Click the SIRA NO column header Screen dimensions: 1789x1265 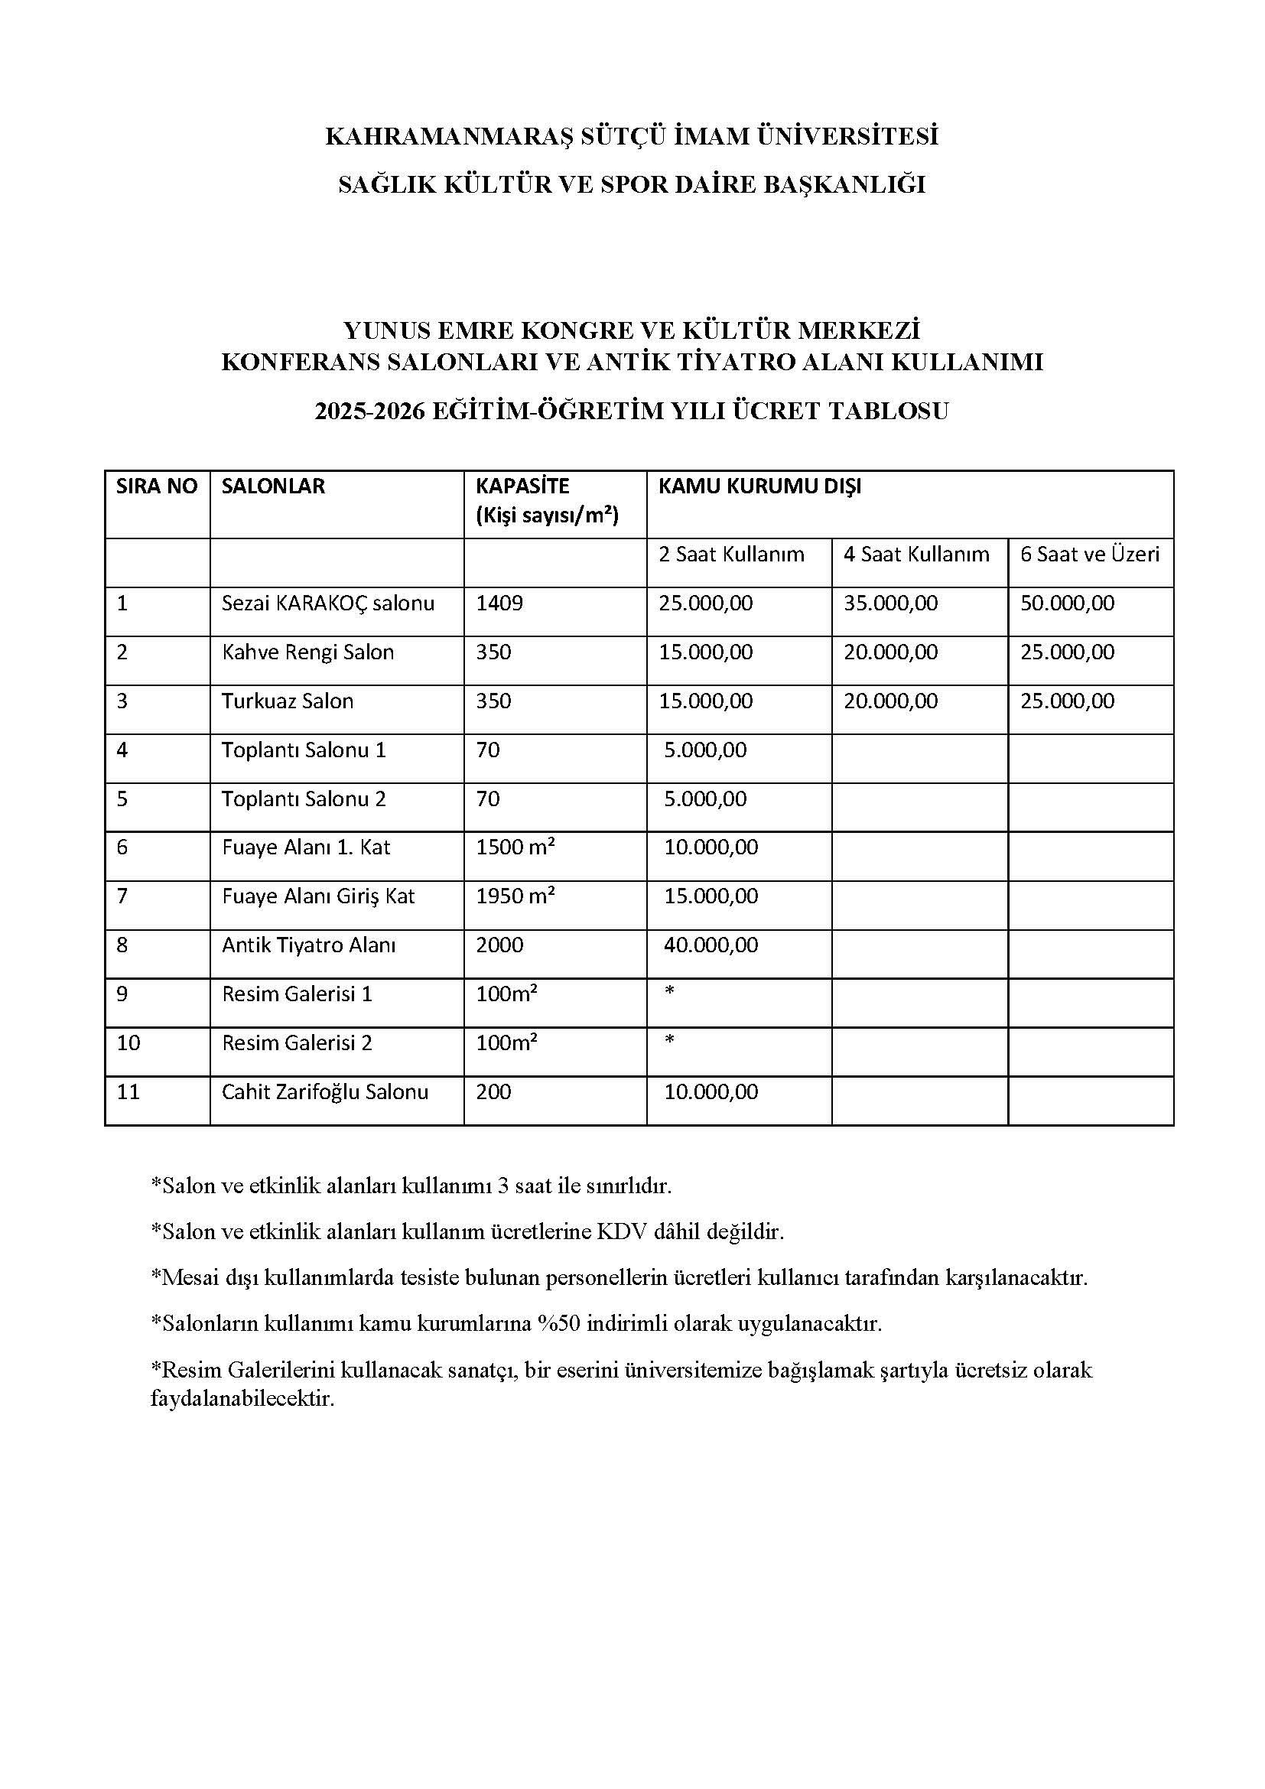157,486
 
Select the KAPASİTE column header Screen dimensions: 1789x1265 522,486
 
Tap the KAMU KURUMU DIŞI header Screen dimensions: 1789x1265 759,486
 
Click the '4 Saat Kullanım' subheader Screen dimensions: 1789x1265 916,554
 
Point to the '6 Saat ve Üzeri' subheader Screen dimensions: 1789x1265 1090,554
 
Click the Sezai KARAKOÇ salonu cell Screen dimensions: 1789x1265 328,603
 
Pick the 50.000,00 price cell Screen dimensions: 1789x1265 1067,603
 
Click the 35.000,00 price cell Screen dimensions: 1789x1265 890,603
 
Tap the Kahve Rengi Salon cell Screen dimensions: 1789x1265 307,652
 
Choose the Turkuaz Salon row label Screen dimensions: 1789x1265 288,701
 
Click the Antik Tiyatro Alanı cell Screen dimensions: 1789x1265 308,945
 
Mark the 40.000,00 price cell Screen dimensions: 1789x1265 711,945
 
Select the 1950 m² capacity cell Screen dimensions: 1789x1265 515,896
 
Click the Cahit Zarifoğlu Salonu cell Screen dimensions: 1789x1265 325,1091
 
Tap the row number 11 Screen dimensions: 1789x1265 128,1091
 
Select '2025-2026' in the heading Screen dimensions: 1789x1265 370,411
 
